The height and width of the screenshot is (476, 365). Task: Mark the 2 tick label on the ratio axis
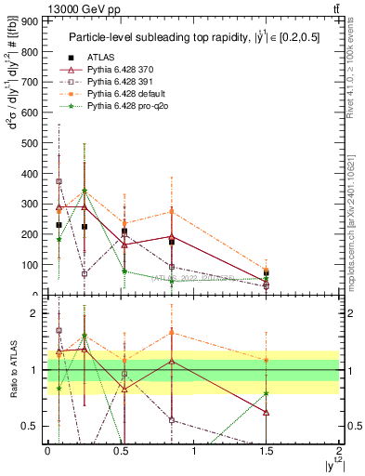coord(33,314)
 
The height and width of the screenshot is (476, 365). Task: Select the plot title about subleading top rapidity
coord(193,36)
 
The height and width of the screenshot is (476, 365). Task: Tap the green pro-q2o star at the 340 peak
coord(85,192)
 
